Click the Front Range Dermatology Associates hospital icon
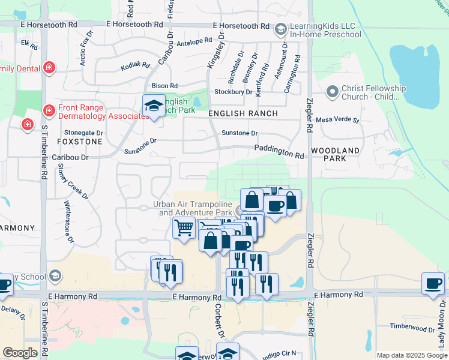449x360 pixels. (x=49, y=110)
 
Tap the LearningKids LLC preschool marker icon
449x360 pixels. (x=280, y=29)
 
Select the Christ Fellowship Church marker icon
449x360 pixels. (x=332, y=92)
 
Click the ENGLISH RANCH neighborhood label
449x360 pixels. (x=243, y=113)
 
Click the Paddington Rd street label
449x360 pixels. (x=279, y=151)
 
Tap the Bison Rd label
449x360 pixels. (x=165, y=86)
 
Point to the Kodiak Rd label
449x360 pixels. (x=135, y=65)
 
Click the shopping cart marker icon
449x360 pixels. (x=183, y=227)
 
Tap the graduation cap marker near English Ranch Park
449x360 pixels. (x=154, y=106)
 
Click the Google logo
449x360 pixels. (x=20, y=353)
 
